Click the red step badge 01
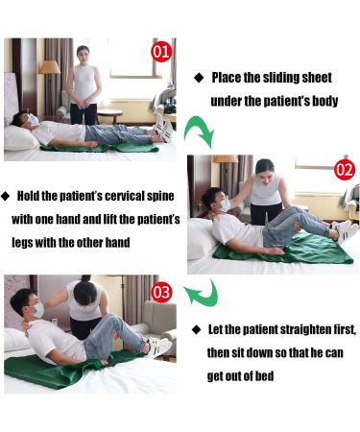tap(161, 51)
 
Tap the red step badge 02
tap(345, 170)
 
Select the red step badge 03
tap(162, 290)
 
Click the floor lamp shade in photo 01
tap(49, 67)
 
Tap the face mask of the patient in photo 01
tap(32, 121)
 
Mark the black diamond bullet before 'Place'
tap(199, 77)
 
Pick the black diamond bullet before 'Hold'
tap(6, 195)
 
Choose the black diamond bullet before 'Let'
tap(198, 329)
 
